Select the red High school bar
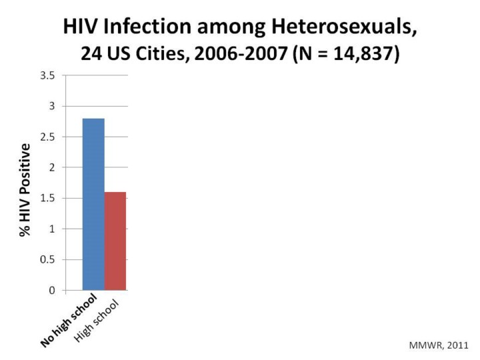115,241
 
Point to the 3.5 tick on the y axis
47,75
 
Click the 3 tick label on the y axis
51,106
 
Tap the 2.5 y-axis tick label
47,137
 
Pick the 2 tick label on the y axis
51,167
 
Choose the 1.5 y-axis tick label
47,198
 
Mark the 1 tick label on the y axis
51,229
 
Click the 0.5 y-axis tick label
47,259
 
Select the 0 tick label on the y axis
51,290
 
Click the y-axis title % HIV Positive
25,189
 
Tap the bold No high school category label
69,319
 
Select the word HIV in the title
81,27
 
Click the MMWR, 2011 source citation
439,345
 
